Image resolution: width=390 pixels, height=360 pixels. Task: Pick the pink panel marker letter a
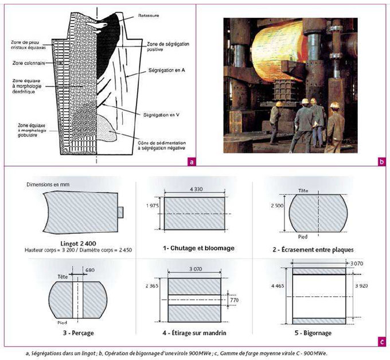(x=190, y=161)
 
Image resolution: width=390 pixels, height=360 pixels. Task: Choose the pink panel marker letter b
(x=381, y=161)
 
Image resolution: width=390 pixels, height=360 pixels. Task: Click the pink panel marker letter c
(x=381, y=343)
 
